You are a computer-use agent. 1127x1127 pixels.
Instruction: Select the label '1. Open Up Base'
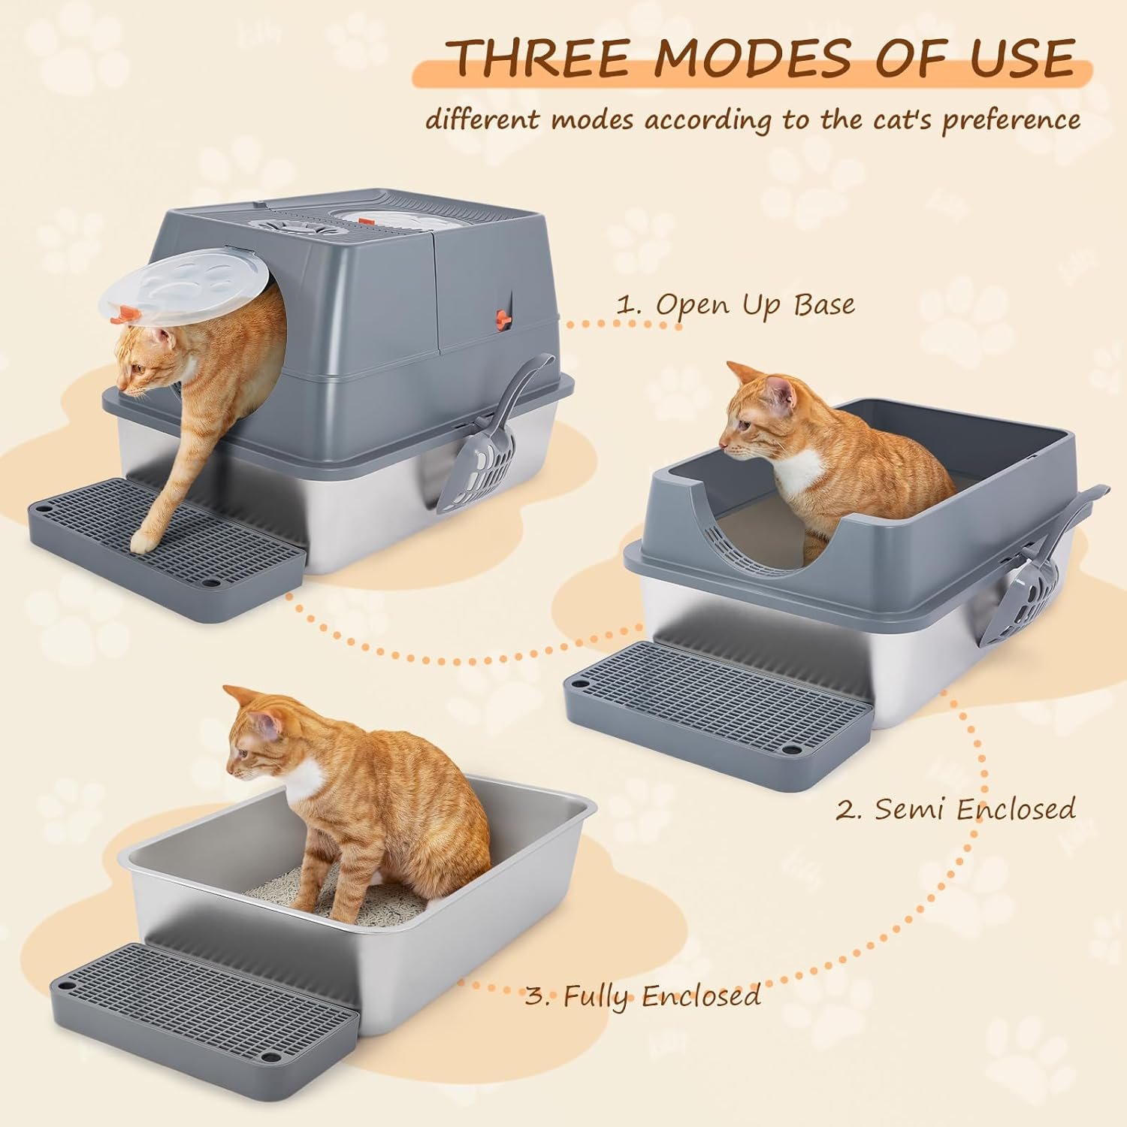tap(735, 305)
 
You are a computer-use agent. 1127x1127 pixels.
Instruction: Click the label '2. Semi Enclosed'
tap(956, 809)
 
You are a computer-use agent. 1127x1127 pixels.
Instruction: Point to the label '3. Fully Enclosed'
tap(643, 996)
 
